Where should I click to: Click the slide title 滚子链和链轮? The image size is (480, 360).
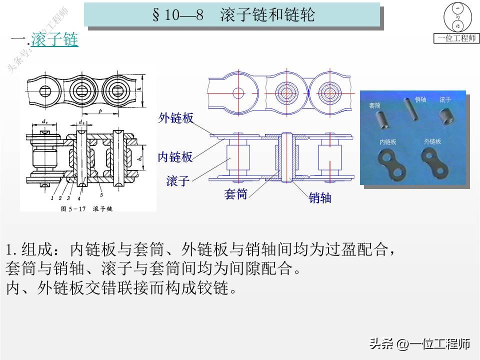click(x=268, y=15)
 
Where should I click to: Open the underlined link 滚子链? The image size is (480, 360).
click(x=54, y=40)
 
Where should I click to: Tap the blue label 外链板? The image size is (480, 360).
click(x=175, y=118)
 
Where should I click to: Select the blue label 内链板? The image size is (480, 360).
click(x=175, y=157)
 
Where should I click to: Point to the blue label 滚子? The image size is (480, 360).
click(x=178, y=181)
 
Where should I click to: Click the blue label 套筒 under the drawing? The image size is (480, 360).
click(x=236, y=194)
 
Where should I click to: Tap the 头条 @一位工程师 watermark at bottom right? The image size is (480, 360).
click(x=419, y=344)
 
